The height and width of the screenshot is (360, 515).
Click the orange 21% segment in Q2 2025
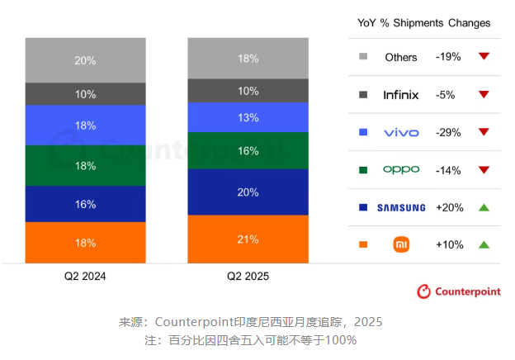click(x=248, y=239)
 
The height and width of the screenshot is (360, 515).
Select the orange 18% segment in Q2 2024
click(x=85, y=243)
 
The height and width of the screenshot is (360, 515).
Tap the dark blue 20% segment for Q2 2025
click(x=248, y=192)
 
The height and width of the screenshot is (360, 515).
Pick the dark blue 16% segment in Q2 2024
click(x=85, y=204)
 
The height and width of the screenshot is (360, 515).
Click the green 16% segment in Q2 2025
click(x=248, y=151)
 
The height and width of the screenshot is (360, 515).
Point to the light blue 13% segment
click(x=248, y=117)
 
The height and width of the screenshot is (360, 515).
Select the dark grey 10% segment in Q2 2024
click(x=85, y=94)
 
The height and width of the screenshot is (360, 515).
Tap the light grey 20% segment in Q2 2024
click(x=85, y=60)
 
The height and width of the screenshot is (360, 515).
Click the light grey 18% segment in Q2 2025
click(x=248, y=59)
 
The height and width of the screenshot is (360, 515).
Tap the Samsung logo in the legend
click(x=401, y=207)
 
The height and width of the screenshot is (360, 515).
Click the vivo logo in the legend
click(x=401, y=132)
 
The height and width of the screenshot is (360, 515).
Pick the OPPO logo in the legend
click(x=401, y=169)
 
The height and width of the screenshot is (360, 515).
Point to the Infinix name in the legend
click(x=401, y=95)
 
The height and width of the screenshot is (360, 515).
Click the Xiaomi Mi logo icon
click(x=401, y=244)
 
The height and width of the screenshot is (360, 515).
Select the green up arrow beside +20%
click(x=484, y=207)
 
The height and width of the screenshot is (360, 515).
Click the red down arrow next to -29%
click(x=484, y=132)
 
